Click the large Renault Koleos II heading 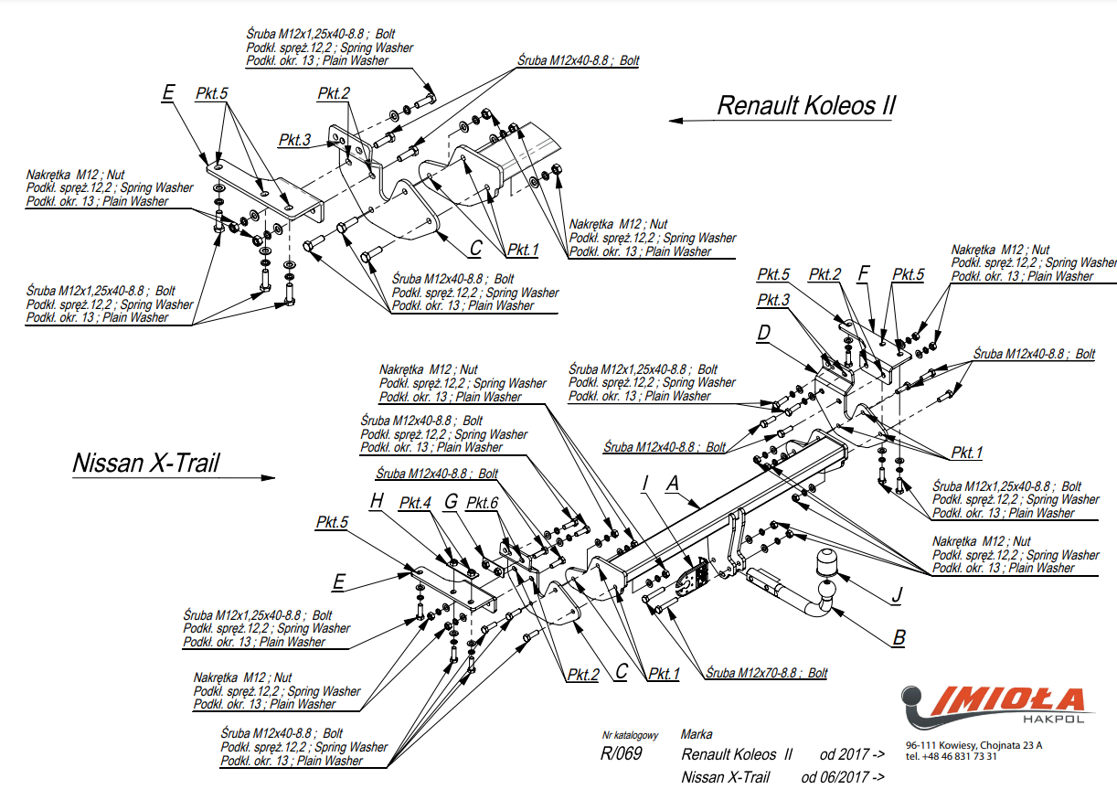click(806, 106)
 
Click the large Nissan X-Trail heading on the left click(145, 463)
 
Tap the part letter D click(763, 333)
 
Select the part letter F click(864, 273)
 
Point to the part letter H click(377, 501)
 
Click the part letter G click(451, 501)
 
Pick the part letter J click(897, 595)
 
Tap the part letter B click(899, 637)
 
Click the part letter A click(673, 483)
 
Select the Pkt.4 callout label click(415, 503)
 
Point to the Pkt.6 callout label click(482, 503)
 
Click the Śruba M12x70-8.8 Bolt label click(766, 673)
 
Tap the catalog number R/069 click(622, 753)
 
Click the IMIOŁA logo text click(1007, 700)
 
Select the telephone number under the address click(951, 757)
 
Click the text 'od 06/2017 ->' click(843, 777)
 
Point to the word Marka click(697, 734)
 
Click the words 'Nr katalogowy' click(631, 735)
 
